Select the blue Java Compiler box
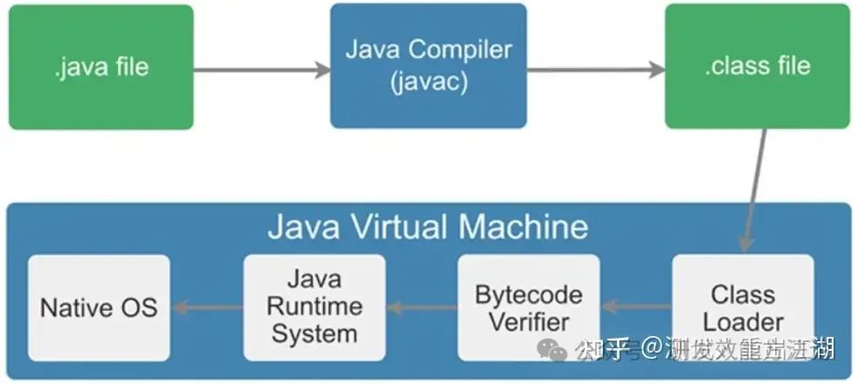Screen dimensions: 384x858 [x=428, y=65]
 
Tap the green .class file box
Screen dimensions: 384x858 [x=758, y=66]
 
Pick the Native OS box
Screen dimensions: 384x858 [x=99, y=307]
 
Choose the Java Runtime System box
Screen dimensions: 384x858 [x=314, y=307]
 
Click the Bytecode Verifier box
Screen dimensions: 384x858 [x=529, y=307]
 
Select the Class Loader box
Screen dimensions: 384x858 [x=743, y=307]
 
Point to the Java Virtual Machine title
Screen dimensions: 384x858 [x=427, y=227]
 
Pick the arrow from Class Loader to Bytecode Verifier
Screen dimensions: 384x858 [x=635, y=307]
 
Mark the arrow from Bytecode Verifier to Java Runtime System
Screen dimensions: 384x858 [x=421, y=307]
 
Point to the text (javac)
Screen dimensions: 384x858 [x=428, y=83]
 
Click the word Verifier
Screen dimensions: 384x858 [x=529, y=320]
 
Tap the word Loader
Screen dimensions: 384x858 [x=744, y=320]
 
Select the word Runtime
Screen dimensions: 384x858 [x=314, y=307]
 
